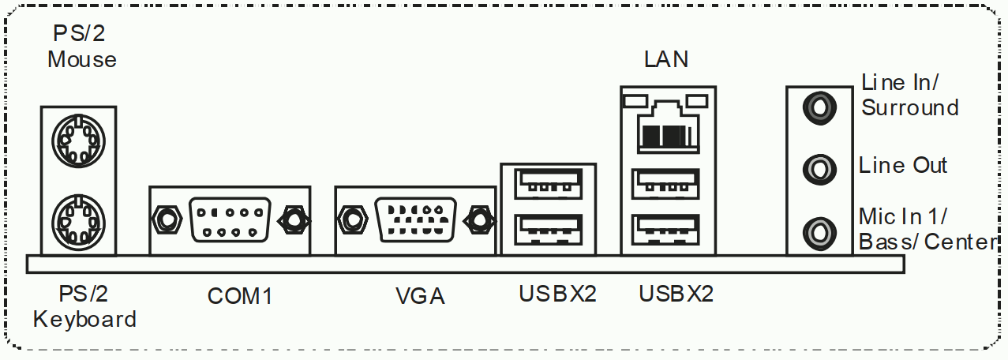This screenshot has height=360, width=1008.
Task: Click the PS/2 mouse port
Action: point(77,141)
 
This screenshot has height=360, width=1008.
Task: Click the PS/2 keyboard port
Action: point(77,220)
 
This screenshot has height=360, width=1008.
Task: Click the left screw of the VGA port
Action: point(351,219)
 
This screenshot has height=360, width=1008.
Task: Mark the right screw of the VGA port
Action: point(478,219)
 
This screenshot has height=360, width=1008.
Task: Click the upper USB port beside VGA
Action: point(548,186)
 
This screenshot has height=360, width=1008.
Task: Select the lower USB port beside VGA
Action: point(548,230)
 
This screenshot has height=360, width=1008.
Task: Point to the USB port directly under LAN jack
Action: point(667,186)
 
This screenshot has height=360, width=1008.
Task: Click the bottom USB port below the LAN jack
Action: point(667,229)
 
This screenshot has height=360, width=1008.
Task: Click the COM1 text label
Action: point(239,296)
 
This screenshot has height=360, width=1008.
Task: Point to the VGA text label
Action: point(420,296)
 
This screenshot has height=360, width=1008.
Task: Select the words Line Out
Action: point(903,166)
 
